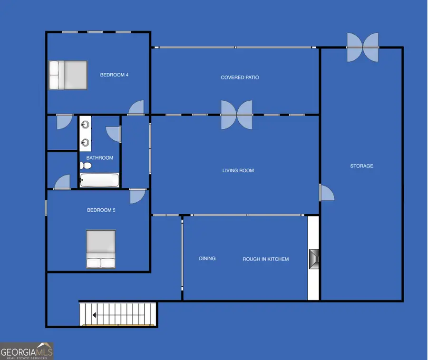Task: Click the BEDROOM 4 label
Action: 114,75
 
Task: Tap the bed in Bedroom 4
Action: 68,75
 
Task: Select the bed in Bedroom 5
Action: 101,249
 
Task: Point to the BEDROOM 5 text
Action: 101,210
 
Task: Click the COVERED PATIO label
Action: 240,78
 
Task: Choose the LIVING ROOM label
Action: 238,170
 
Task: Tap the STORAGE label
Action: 361,166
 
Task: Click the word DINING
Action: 207,259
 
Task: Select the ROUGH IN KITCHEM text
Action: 265,259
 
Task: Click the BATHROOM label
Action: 100,158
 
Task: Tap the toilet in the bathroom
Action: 86,166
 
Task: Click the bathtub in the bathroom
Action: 99,180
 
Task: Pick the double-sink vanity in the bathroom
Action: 85,134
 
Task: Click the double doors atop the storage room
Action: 362,47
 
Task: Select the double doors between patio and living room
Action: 236,115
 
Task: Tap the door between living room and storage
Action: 326,193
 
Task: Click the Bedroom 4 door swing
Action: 136,108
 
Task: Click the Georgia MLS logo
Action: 27,351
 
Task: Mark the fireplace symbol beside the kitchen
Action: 313,259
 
